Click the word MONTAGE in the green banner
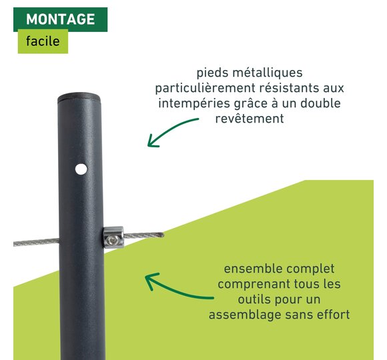[x=61, y=19]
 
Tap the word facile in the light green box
[x=43, y=41]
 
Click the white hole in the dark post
[x=81, y=169]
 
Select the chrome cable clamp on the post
[x=113, y=237]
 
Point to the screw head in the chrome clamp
[x=114, y=239]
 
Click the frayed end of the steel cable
[x=160, y=235]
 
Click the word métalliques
[x=268, y=73]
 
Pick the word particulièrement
[x=205, y=88]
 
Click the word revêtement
[x=250, y=119]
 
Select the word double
[x=320, y=103]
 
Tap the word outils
[x=254, y=299]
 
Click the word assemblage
[x=245, y=315]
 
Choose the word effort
[x=333, y=315]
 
